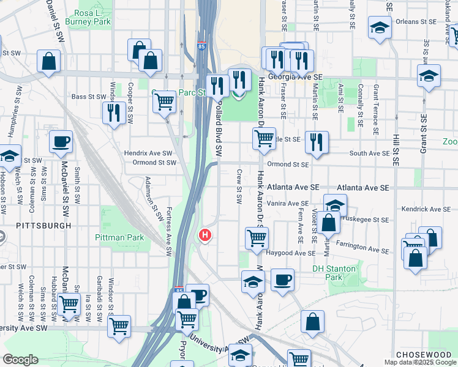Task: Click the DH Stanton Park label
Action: pyautogui.click(x=334, y=273)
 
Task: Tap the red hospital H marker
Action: pyautogui.click(x=206, y=234)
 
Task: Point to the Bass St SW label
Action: pyautogui.click(x=88, y=97)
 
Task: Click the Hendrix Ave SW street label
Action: pyautogui.click(x=149, y=153)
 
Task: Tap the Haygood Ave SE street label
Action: pyautogui.click(x=291, y=253)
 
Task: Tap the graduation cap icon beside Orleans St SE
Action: pyautogui.click(x=380, y=28)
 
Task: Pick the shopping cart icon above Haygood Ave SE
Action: pyautogui.click(x=257, y=237)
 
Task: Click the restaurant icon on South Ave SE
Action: pyautogui.click(x=317, y=143)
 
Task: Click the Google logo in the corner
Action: pyautogui.click(x=20, y=360)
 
